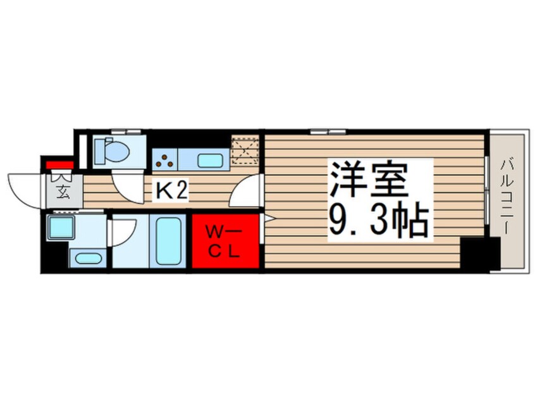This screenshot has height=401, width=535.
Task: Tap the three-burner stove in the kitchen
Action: (x=164, y=160)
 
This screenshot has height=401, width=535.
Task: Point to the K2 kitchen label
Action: (x=171, y=190)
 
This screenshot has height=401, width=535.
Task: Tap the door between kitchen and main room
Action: (x=245, y=192)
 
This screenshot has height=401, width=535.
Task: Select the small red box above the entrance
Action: (x=59, y=166)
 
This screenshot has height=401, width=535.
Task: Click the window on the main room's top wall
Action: (x=328, y=132)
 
